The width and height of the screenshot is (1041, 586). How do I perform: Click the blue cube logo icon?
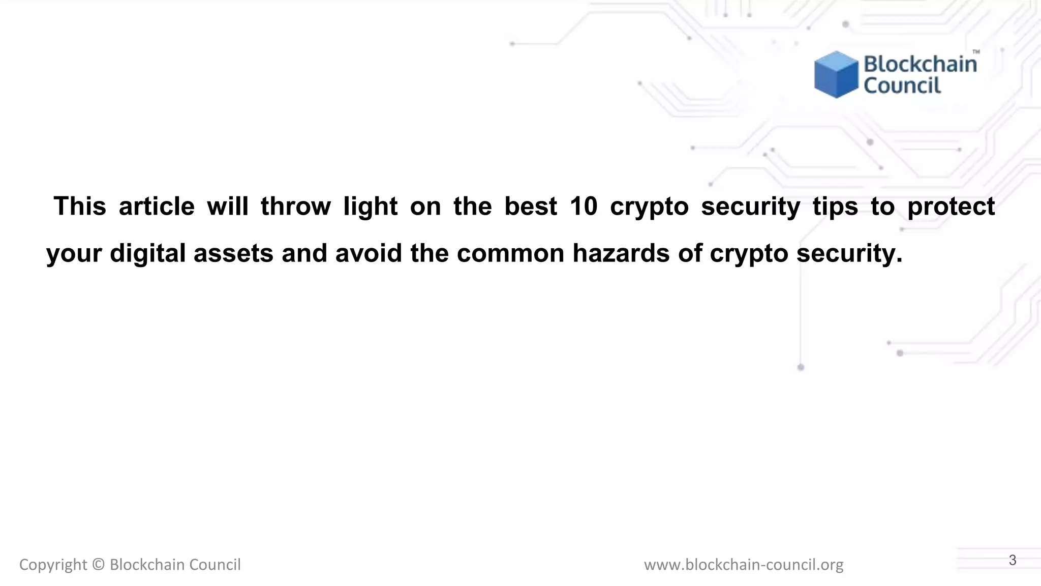click(836, 74)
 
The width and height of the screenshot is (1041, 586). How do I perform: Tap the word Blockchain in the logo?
click(920, 65)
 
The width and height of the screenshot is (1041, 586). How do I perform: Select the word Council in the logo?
click(902, 85)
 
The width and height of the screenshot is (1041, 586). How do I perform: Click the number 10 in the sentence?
click(583, 207)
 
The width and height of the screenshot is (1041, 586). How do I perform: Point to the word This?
click(80, 207)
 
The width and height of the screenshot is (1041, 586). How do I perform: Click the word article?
click(157, 207)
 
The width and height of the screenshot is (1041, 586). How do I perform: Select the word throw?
click(296, 207)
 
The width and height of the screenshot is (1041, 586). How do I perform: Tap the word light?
click(371, 207)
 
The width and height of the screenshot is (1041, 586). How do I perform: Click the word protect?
click(951, 207)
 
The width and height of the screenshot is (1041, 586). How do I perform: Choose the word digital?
click(147, 253)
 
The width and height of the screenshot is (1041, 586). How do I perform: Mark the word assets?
click(233, 253)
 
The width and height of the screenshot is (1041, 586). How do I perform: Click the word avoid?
click(369, 253)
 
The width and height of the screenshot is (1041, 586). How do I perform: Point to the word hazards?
click(621, 253)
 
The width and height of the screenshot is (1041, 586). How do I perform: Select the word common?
click(510, 253)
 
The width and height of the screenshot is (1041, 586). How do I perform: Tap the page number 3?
click(1013, 560)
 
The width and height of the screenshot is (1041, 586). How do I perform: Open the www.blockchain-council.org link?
click(744, 565)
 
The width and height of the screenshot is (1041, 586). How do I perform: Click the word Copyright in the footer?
click(53, 565)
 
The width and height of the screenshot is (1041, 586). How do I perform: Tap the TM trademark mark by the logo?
click(976, 52)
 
